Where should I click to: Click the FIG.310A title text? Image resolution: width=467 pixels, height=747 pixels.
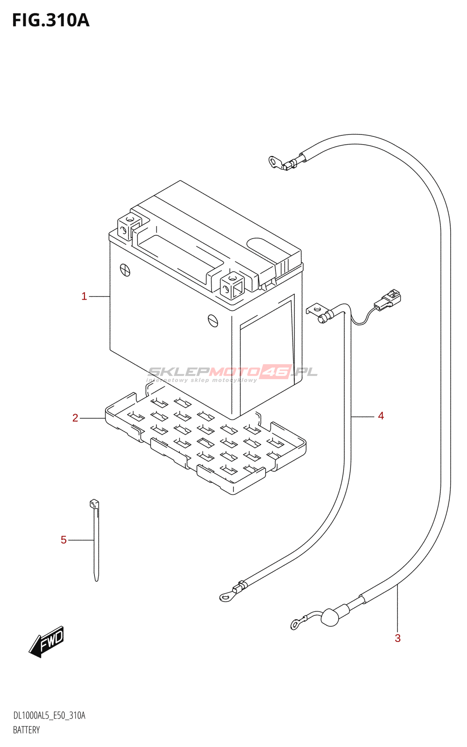(x=50, y=21)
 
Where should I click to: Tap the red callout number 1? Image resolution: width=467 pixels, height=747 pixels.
(x=84, y=296)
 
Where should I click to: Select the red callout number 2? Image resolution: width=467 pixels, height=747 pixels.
(x=75, y=418)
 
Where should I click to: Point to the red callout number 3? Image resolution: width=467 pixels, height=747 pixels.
(x=397, y=638)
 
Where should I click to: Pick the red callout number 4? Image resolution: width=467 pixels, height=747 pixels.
(x=381, y=416)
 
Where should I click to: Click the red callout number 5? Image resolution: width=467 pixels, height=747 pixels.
(x=64, y=540)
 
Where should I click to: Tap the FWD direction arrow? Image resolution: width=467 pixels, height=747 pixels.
(x=47, y=641)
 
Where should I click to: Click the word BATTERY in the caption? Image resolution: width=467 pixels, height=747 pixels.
(x=27, y=730)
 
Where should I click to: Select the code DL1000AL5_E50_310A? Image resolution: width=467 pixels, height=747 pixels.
(x=50, y=716)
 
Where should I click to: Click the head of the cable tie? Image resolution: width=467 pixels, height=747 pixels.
(x=94, y=504)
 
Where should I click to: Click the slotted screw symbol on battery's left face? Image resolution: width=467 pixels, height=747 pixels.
(x=125, y=269)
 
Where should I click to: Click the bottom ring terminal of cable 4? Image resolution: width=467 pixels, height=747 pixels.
(x=226, y=596)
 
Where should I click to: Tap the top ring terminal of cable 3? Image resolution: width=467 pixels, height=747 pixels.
(x=274, y=162)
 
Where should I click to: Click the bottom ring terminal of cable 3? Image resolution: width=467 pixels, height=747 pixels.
(x=296, y=623)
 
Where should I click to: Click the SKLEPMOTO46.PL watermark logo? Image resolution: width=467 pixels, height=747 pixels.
(x=233, y=373)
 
